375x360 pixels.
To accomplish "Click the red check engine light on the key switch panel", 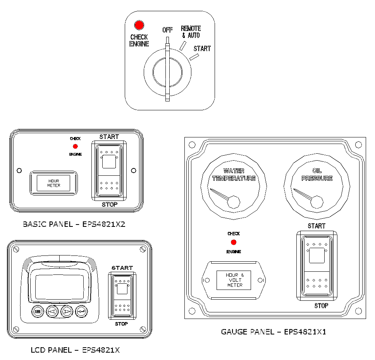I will click(139, 26).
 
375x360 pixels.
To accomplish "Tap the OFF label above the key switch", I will click(167, 30).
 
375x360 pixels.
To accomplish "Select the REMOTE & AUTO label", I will click(191, 32).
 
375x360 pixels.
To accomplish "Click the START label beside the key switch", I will click(202, 49).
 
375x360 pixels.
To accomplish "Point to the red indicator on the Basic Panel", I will click(75, 146).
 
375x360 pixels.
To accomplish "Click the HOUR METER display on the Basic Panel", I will click(54, 183).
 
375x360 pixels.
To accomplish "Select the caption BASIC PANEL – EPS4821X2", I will click(74, 224).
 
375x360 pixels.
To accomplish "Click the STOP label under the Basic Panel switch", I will click(109, 204).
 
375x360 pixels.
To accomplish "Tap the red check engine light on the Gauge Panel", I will click(234, 242).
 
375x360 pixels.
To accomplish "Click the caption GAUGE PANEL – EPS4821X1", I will click(274, 332).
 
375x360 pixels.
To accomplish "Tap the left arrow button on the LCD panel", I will click(52, 310).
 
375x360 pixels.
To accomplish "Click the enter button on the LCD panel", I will click(81, 310).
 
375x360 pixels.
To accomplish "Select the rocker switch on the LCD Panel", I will click(122, 295).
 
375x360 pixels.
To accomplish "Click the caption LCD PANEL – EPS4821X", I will click(75, 350).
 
